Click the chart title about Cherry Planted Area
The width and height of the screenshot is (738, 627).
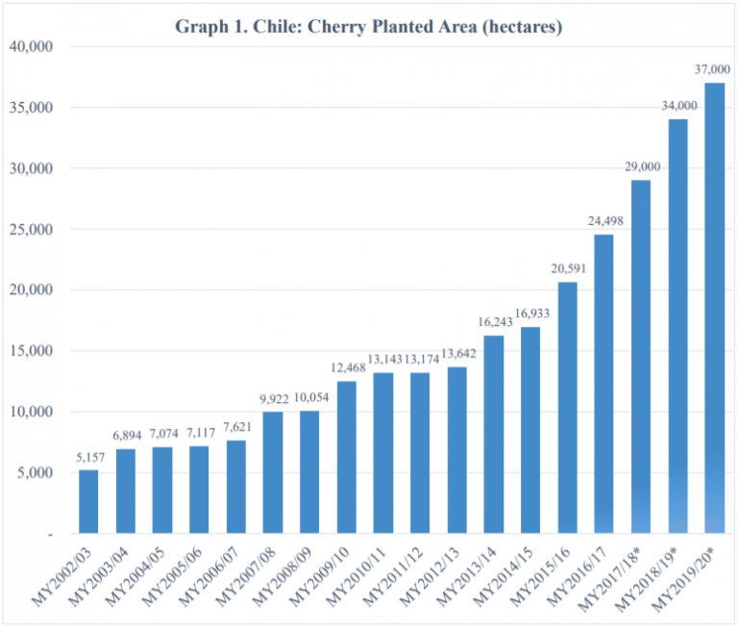pos(368,26)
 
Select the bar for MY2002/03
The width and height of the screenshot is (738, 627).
pos(88,501)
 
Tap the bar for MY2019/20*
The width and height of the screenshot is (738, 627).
pos(714,308)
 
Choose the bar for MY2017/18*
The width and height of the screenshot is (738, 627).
pos(641,357)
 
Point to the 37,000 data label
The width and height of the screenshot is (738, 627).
pos(714,69)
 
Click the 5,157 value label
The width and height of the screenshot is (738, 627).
pos(88,456)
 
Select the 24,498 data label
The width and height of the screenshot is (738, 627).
pos(603,221)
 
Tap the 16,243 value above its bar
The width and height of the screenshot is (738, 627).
pos(493,321)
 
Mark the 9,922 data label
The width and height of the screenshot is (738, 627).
pos(273,398)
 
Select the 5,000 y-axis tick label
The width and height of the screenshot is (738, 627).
pos(36,472)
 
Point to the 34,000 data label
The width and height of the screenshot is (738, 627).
pos(677,106)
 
